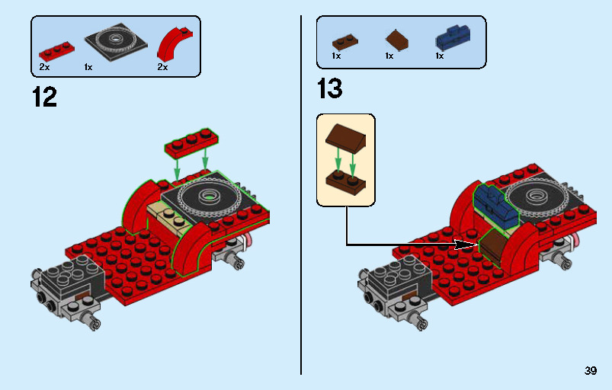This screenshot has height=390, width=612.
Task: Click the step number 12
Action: (x=44, y=97)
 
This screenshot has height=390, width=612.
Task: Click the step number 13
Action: (x=330, y=89)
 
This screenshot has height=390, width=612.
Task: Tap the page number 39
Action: (x=590, y=371)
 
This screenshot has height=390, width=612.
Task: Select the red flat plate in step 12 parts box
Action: (x=57, y=51)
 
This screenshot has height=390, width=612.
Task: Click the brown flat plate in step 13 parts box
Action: (x=344, y=41)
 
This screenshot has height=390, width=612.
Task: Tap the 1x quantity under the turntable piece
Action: (x=88, y=67)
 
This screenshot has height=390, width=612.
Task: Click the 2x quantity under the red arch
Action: (x=162, y=67)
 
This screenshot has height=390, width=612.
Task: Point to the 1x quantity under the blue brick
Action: (x=440, y=56)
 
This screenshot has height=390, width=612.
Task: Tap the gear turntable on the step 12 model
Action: (x=208, y=197)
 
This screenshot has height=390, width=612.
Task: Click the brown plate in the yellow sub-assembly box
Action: (x=345, y=181)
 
